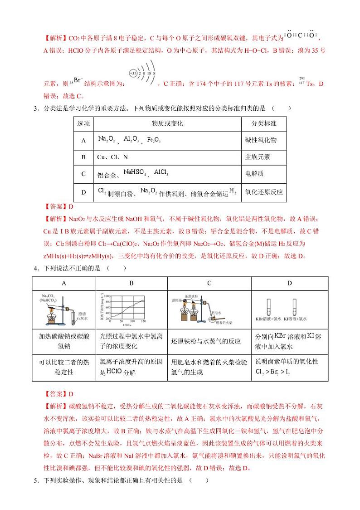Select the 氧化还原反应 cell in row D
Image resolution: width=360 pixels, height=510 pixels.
[x=263, y=192]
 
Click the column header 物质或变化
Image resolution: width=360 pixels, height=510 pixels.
[x=167, y=124]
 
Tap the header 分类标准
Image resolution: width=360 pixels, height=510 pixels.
[x=264, y=124]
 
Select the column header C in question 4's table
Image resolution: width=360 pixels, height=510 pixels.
[x=209, y=283]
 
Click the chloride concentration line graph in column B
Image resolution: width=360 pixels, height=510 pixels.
[x=131, y=309]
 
